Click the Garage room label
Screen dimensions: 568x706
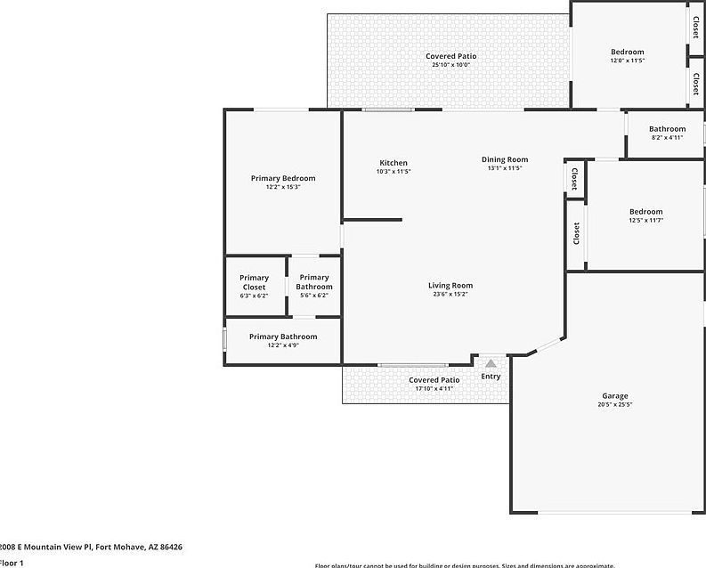(x=614, y=396)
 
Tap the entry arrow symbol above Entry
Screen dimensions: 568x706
(x=491, y=363)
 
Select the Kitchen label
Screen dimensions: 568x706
(x=394, y=163)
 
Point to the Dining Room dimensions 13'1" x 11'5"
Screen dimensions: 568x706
(x=505, y=168)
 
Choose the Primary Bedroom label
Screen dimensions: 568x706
(x=282, y=178)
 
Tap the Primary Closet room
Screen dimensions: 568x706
(x=254, y=287)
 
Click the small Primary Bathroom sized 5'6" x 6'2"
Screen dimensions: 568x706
(x=313, y=287)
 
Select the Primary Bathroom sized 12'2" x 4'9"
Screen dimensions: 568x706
(x=282, y=341)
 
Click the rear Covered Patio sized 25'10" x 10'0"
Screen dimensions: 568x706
(x=450, y=61)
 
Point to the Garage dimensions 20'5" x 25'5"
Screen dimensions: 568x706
(x=614, y=405)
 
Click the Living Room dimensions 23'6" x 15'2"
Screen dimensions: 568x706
(x=450, y=295)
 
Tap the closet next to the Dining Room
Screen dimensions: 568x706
(x=574, y=178)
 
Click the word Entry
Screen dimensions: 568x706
(x=491, y=377)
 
